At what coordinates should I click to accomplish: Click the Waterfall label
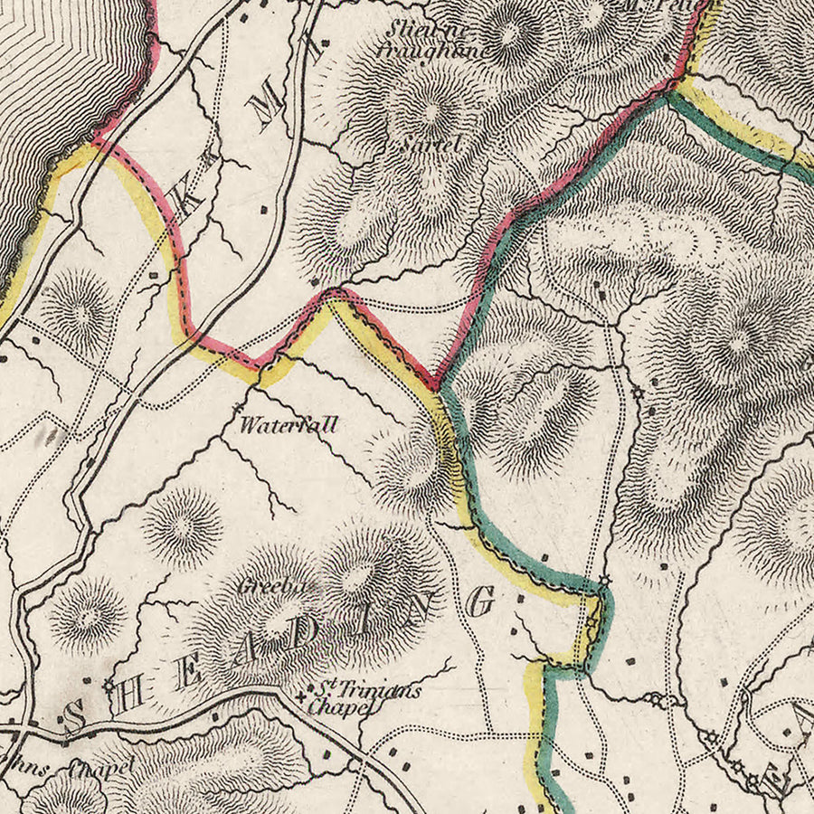(x=288, y=423)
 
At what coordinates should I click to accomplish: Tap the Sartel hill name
(x=430, y=144)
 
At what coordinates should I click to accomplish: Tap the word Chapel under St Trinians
(x=340, y=708)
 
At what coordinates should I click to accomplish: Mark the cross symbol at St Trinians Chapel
(x=302, y=696)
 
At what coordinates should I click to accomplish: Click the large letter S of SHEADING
(x=76, y=719)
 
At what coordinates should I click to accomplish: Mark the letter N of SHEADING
(x=426, y=611)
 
